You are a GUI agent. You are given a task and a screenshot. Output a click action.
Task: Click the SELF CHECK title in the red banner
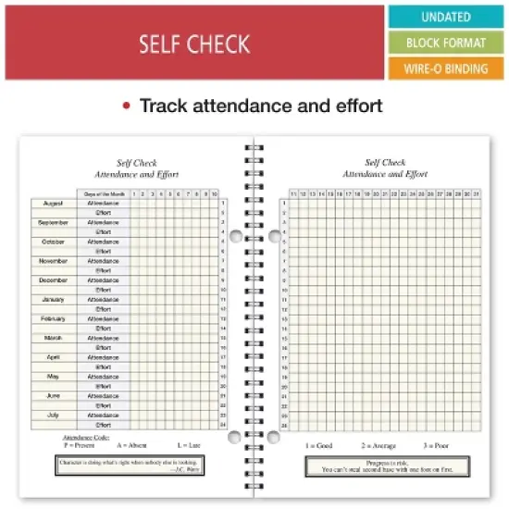pyautogui.click(x=193, y=43)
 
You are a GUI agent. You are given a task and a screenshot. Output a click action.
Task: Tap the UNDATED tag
pyautogui.click(x=445, y=17)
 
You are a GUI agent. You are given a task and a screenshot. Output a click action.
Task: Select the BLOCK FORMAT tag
pyautogui.click(x=445, y=43)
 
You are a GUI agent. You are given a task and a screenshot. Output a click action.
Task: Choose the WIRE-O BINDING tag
pyautogui.click(x=445, y=68)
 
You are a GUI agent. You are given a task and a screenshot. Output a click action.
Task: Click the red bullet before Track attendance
pyautogui.click(x=127, y=106)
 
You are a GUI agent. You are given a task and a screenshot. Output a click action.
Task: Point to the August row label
pyautogui.click(x=53, y=203)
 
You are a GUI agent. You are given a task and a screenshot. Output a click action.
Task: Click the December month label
pyautogui.click(x=53, y=279)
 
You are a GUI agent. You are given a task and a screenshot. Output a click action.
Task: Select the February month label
pyautogui.click(x=53, y=318)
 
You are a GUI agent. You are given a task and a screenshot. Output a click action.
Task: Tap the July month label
pyautogui.click(x=53, y=415)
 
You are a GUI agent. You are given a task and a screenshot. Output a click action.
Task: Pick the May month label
pyautogui.click(x=53, y=377)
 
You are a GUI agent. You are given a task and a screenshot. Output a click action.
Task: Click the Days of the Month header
pyautogui.click(x=103, y=193)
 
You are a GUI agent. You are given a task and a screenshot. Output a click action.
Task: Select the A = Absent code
pyautogui.click(x=133, y=444)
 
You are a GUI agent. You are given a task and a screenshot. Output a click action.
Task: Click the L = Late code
pyautogui.click(x=188, y=444)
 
